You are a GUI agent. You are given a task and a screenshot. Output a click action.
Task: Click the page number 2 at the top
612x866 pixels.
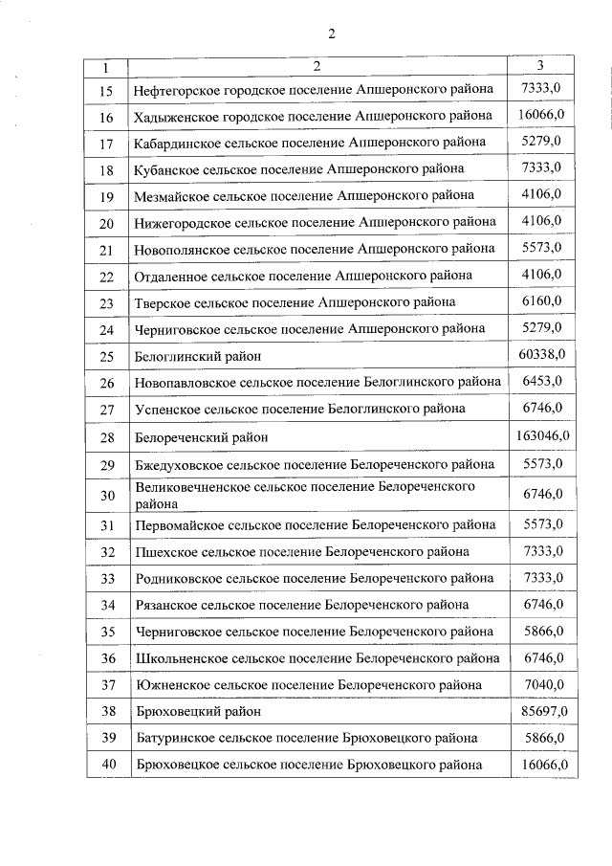coord(331,34)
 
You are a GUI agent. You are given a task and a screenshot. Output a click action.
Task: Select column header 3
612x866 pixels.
coord(541,66)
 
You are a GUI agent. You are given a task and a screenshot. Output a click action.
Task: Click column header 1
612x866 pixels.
coord(106,67)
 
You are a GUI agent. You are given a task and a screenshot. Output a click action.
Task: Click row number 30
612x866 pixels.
coord(107,495)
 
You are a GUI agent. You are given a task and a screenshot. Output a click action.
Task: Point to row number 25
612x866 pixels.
coord(107,356)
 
